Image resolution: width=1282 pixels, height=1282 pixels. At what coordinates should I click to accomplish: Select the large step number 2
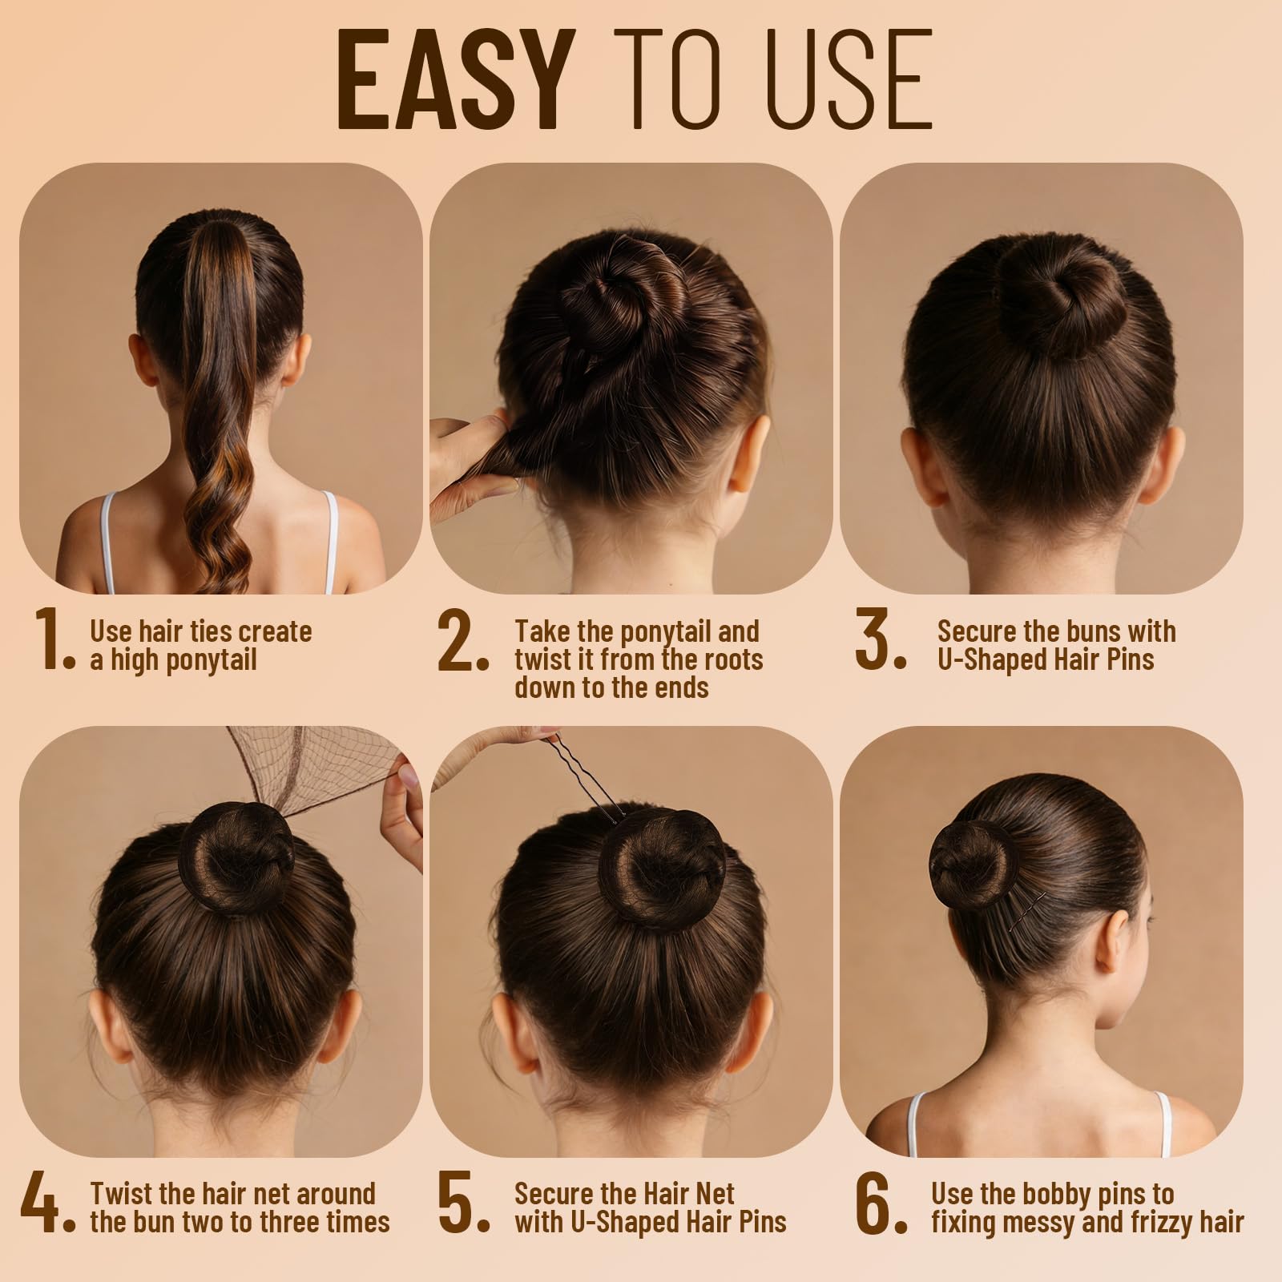(x=463, y=639)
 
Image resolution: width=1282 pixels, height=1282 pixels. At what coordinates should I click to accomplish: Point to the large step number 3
(x=881, y=639)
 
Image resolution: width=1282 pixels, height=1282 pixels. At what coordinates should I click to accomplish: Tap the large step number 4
(x=48, y=1204)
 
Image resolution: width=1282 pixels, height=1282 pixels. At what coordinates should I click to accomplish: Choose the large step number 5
(x=463, y=1204)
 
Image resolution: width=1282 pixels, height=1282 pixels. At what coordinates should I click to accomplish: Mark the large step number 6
(x=881, y=1204)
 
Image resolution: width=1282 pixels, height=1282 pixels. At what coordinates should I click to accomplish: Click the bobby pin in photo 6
(x=1028, y=911)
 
